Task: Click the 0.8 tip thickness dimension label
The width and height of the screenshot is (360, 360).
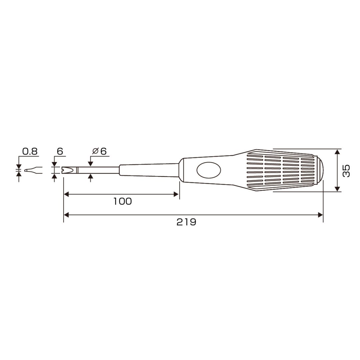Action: pos(30,152)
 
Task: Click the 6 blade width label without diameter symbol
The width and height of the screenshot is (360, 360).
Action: pos(60,152)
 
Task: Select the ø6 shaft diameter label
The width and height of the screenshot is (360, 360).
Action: pos(100,151)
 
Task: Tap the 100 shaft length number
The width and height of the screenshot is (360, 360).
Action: pos(123,201)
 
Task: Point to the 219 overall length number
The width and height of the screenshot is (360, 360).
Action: pos(186,222)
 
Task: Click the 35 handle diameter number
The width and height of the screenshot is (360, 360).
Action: pos(346,171)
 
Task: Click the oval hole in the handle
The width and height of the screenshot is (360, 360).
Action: pos(209,170)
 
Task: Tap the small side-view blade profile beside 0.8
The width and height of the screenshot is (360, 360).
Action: pos(33,170)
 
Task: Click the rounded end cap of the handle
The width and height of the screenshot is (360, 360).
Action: pos(320,170)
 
